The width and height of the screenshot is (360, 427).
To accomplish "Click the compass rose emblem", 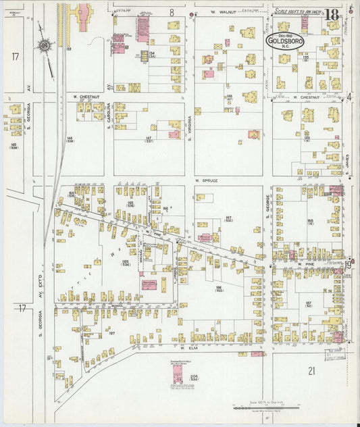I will click(45, 45).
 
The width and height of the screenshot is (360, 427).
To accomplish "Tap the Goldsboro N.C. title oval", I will click(284, 41).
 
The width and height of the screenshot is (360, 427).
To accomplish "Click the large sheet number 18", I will click(332, 15).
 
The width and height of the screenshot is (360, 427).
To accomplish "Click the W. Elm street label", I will click(187, 348).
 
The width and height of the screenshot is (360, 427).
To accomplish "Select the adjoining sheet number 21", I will click(311, 370).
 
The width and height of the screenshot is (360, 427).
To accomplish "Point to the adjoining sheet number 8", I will click(172, 12).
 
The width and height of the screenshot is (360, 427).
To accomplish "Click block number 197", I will click(112, 333).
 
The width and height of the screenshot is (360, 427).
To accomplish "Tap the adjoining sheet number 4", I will click(350, 97).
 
